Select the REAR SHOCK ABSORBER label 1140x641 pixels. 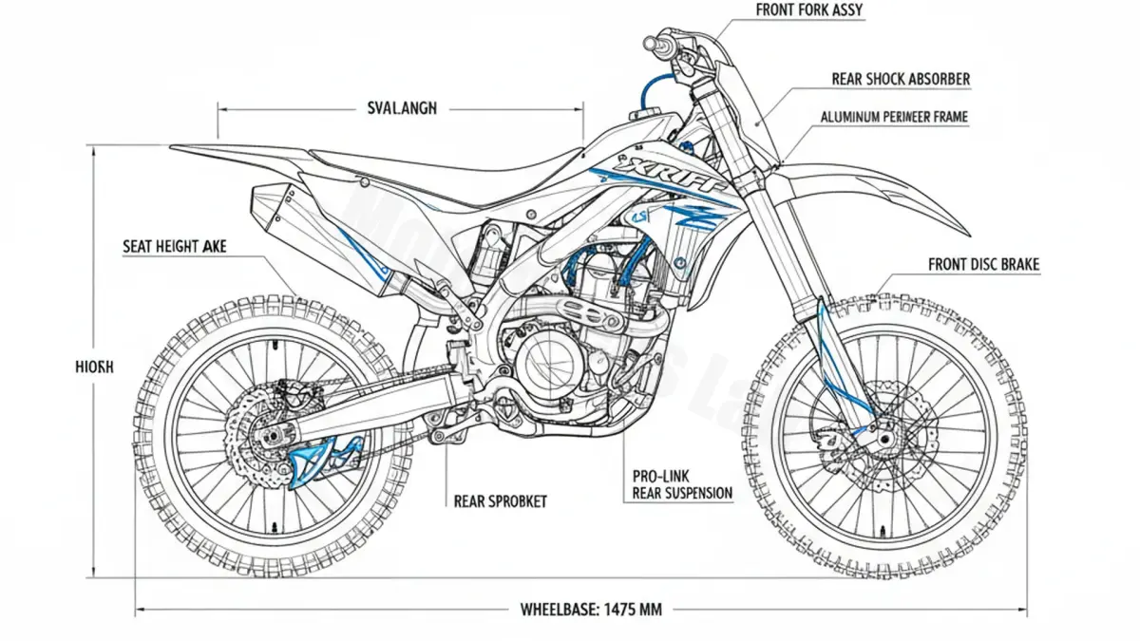(901, 80)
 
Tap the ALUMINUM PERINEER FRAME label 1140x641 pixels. (893, 118)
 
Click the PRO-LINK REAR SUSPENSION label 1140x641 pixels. (682, 484)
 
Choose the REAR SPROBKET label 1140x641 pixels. (501, 500)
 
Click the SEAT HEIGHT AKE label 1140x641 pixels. (175, 247)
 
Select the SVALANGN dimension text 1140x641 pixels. (401, 108)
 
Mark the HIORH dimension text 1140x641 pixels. (93, 366)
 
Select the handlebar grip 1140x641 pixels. (657, 43)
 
